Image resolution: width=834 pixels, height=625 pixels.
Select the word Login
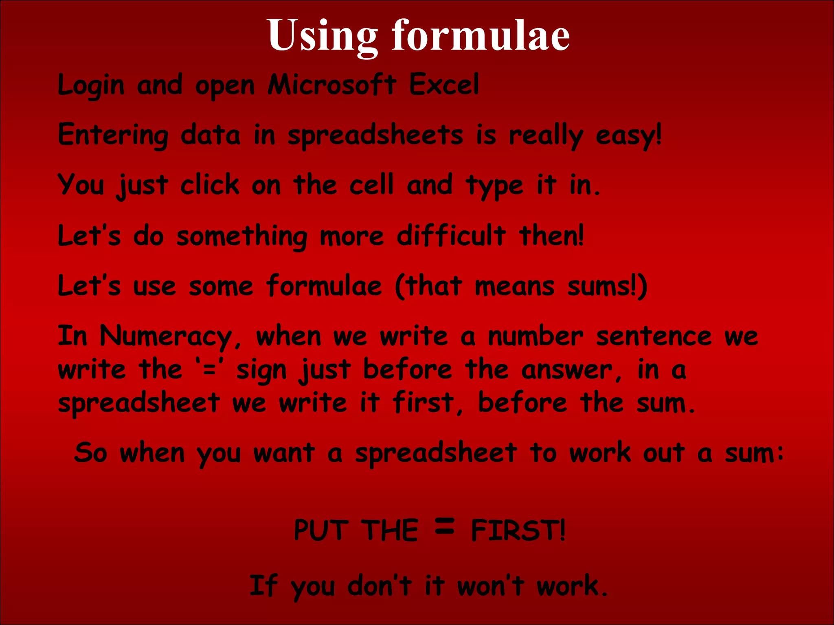pyautogui.click(x=91, y=85)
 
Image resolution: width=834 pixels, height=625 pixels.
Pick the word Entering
pyautogui.click(x=113, y=135)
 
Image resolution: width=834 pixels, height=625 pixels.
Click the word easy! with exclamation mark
pyautogui.click(x=629, y=136)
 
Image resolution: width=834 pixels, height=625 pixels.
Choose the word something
pyautogui.click(x=242, y=236)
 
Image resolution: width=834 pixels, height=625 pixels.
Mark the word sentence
pyautogui.click(x=654, y=337)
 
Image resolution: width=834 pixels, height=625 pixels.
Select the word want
pyautogui.click(x=284, y=453)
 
